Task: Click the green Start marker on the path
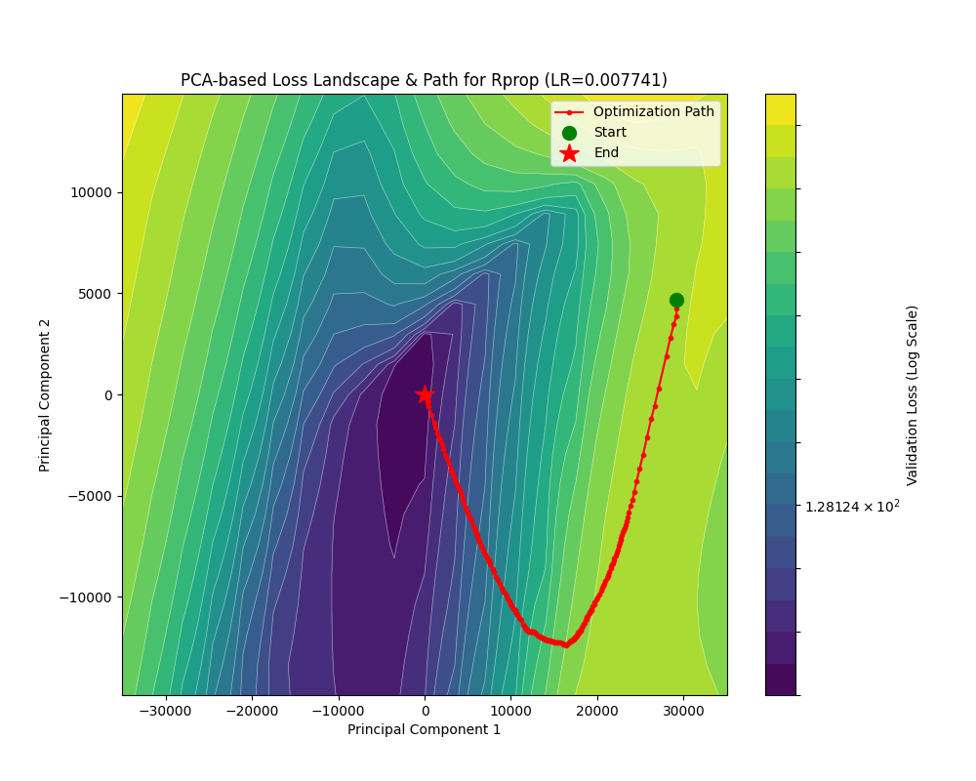click(x=676, y=301)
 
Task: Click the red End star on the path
click(x=425, y=394)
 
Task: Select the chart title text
click(x=424, y=80)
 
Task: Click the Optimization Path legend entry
click(x=653, y=112)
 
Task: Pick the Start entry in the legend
click(x=610, y=133)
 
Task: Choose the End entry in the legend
click(x=606, y=153)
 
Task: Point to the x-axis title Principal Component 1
click(x=424, y=730)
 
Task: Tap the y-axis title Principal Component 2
click(x=45, y=394)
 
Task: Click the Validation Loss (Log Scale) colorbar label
click(x=913, y=394)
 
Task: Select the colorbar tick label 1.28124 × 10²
click(x=852, y=506)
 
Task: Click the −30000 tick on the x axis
click(x=166, y=707)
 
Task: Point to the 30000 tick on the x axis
click(x=683, y=707)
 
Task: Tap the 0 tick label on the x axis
click(x=425, y=707)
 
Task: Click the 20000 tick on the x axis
click(x=597, y=707)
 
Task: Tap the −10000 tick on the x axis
click(x=338, y=707)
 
